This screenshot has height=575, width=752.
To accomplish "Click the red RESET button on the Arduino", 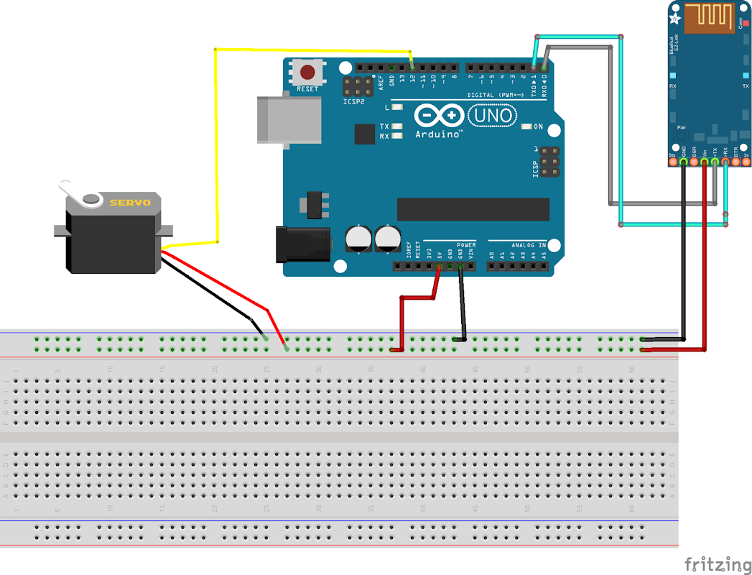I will tap(307, 73).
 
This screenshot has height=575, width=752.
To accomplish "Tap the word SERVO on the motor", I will tap(130, 203).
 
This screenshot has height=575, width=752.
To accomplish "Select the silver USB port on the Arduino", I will tap(288, 118).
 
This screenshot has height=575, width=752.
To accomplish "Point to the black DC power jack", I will tap(303, 243).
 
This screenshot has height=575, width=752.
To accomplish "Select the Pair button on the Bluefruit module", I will tap(681, 135).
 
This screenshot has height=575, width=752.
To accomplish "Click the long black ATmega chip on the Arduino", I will tap(473, 209).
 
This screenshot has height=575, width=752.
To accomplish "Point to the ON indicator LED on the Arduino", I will tap(528, 127).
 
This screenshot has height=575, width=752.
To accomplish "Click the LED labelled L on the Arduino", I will tap(397, 107).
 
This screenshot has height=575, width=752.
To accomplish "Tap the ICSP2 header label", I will tap(353, 101).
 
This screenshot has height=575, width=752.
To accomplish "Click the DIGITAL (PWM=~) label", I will tap(496, 95).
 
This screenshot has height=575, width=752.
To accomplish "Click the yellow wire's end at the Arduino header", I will tap(412, 67).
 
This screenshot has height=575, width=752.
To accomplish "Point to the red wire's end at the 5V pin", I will tap(439, 267).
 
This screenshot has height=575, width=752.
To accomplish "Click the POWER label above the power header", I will tap(465, 244).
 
